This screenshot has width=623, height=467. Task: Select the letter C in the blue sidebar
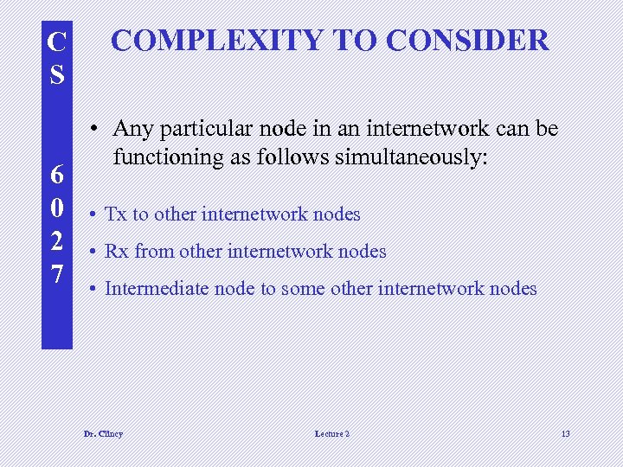(x=57, y=42)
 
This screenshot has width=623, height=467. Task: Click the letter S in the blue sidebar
(x=57, y=74)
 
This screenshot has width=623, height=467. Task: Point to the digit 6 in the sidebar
(x=57, y=175)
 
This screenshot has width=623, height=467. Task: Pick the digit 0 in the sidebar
(x=57, y=208)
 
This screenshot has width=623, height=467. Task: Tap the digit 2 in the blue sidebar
(x=57, y=241)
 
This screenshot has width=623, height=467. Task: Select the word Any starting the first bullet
(x=132, y=129)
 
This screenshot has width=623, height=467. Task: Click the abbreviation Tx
(x=116, y=214)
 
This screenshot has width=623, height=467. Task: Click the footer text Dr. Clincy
(x=103, y=433)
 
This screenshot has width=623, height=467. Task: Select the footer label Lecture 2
(x=332, y=433)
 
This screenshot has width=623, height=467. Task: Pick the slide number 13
(x=565, y=433)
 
